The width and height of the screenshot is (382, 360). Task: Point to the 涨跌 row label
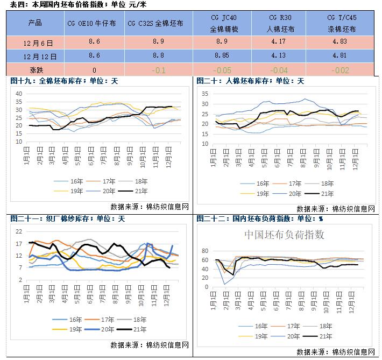click(34, 69)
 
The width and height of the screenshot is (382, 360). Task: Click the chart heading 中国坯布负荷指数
click(285, 235)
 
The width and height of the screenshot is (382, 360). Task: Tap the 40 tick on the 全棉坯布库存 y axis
click(18, 94)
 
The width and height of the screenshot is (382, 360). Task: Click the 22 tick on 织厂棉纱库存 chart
click(18, 231)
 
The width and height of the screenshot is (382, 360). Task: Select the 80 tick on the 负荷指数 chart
click(204, 251)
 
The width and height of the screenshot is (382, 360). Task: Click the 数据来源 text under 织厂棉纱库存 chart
click(149, 344)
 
